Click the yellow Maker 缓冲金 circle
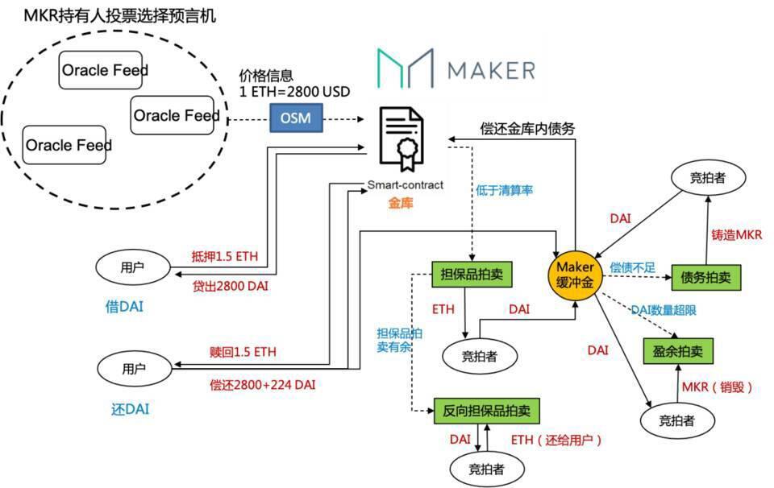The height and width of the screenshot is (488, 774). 576,274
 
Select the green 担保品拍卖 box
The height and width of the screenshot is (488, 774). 472,274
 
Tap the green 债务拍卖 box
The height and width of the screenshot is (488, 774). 705,277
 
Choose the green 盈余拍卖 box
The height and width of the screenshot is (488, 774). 678,351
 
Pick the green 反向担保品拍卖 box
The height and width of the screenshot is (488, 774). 487,410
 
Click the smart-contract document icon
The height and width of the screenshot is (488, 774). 404,138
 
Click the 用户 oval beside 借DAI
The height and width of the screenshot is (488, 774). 134,265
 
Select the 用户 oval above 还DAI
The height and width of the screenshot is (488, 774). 134,369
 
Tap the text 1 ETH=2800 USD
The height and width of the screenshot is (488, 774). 295,91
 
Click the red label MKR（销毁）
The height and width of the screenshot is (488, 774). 717,387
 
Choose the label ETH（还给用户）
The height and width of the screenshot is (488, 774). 556,440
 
